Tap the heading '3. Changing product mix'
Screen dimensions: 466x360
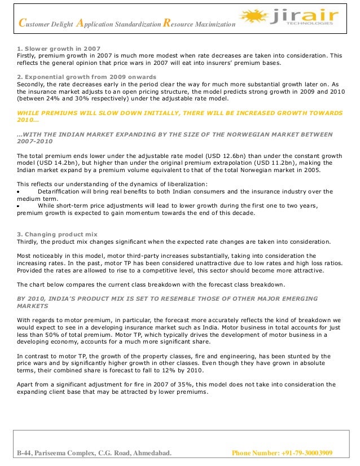coord(58,234)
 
